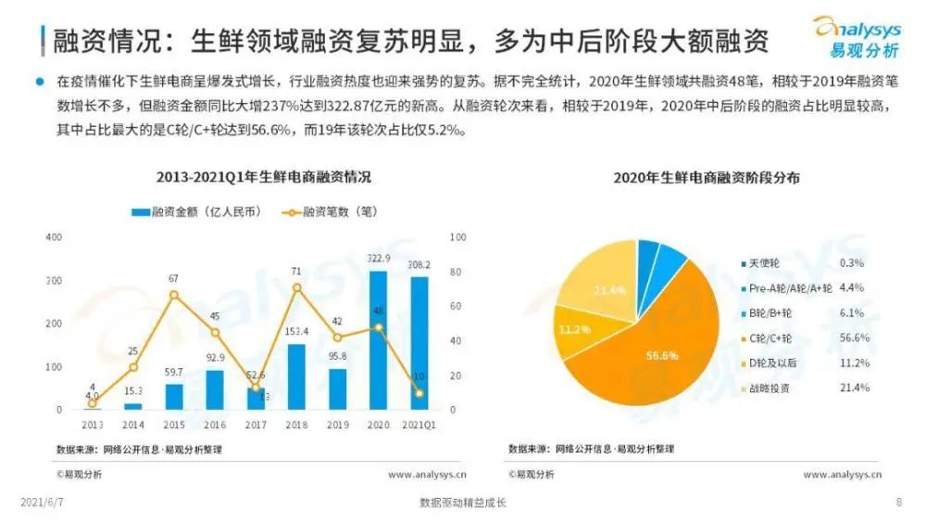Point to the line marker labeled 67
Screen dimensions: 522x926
173,295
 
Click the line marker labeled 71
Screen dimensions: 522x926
296,287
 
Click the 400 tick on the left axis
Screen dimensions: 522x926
54,237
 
